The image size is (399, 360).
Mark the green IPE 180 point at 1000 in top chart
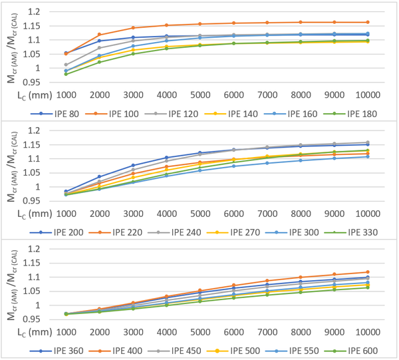tap(66, 74)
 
